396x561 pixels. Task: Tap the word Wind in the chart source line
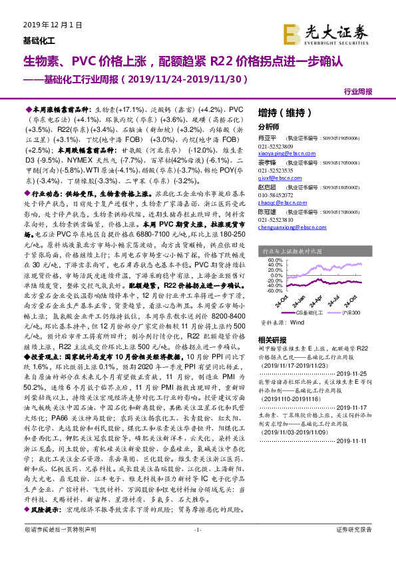coord(297,320)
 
